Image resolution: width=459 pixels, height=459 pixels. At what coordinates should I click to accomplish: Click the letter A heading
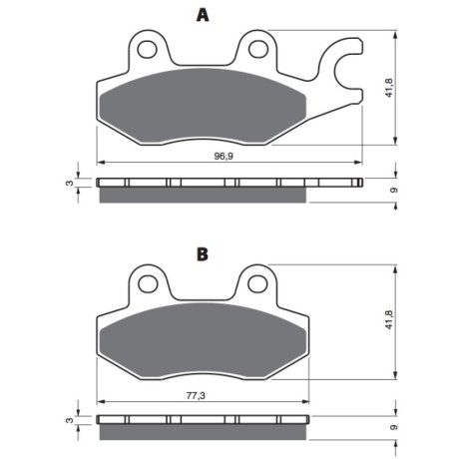click(x=203, y=15)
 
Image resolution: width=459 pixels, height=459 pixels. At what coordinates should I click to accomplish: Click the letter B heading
click(x=203, y=254)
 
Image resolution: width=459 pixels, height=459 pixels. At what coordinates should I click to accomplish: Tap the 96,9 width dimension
click(x=224, y=156)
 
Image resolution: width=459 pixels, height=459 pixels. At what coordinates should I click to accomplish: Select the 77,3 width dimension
click(x=196, y=395)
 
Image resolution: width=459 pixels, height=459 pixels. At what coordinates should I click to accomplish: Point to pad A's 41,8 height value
click(x=389, y=88)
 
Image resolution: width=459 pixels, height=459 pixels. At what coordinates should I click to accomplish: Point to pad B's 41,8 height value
click(x=389, y=320)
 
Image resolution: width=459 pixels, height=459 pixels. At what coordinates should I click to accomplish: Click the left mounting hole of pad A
click(x=147, y=50)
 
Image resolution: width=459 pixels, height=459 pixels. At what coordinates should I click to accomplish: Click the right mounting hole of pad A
click(x=258, y=49)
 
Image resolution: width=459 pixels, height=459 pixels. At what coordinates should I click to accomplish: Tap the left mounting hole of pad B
click(x=148, y=284)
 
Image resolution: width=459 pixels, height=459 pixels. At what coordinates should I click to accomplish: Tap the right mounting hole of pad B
click(x=258, y=283)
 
